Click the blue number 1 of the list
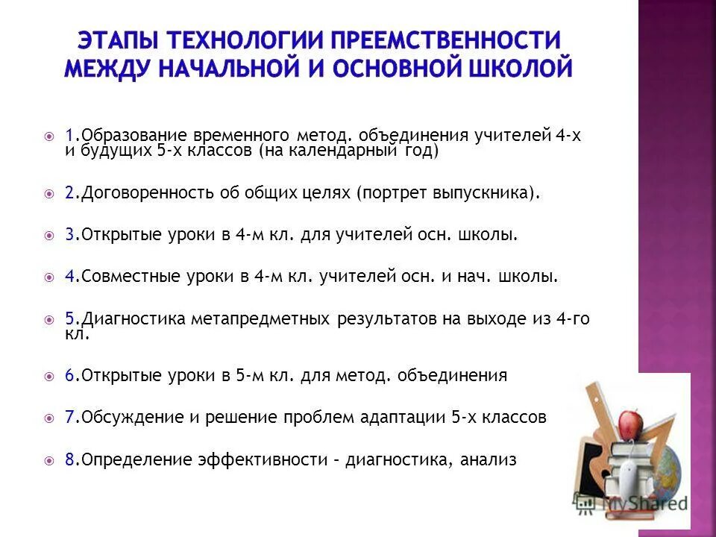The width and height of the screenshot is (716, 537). [68, 136]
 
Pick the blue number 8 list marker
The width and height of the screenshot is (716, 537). [69, 460]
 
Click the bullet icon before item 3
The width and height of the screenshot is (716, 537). [49, 235]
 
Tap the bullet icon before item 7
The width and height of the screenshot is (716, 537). [49, 418]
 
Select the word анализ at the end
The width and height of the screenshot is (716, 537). [489, 460]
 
